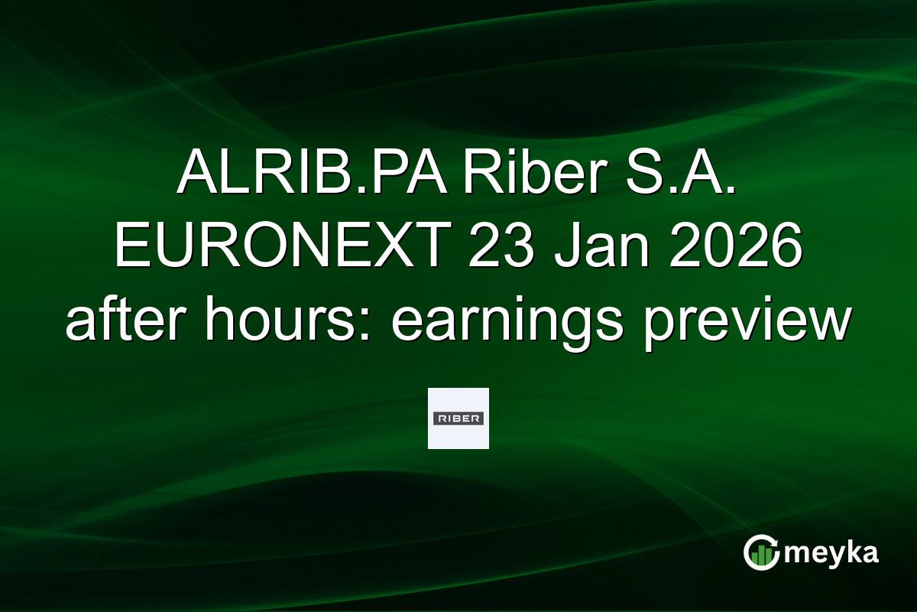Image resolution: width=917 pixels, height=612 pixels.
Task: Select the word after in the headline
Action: (122, 322)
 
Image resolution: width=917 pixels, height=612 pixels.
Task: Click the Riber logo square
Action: (458, 418)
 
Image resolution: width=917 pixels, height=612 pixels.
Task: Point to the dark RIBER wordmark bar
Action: (458, 418)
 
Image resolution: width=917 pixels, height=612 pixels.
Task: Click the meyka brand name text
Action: (831, 552)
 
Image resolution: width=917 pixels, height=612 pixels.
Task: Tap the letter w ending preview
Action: (832, 322)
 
